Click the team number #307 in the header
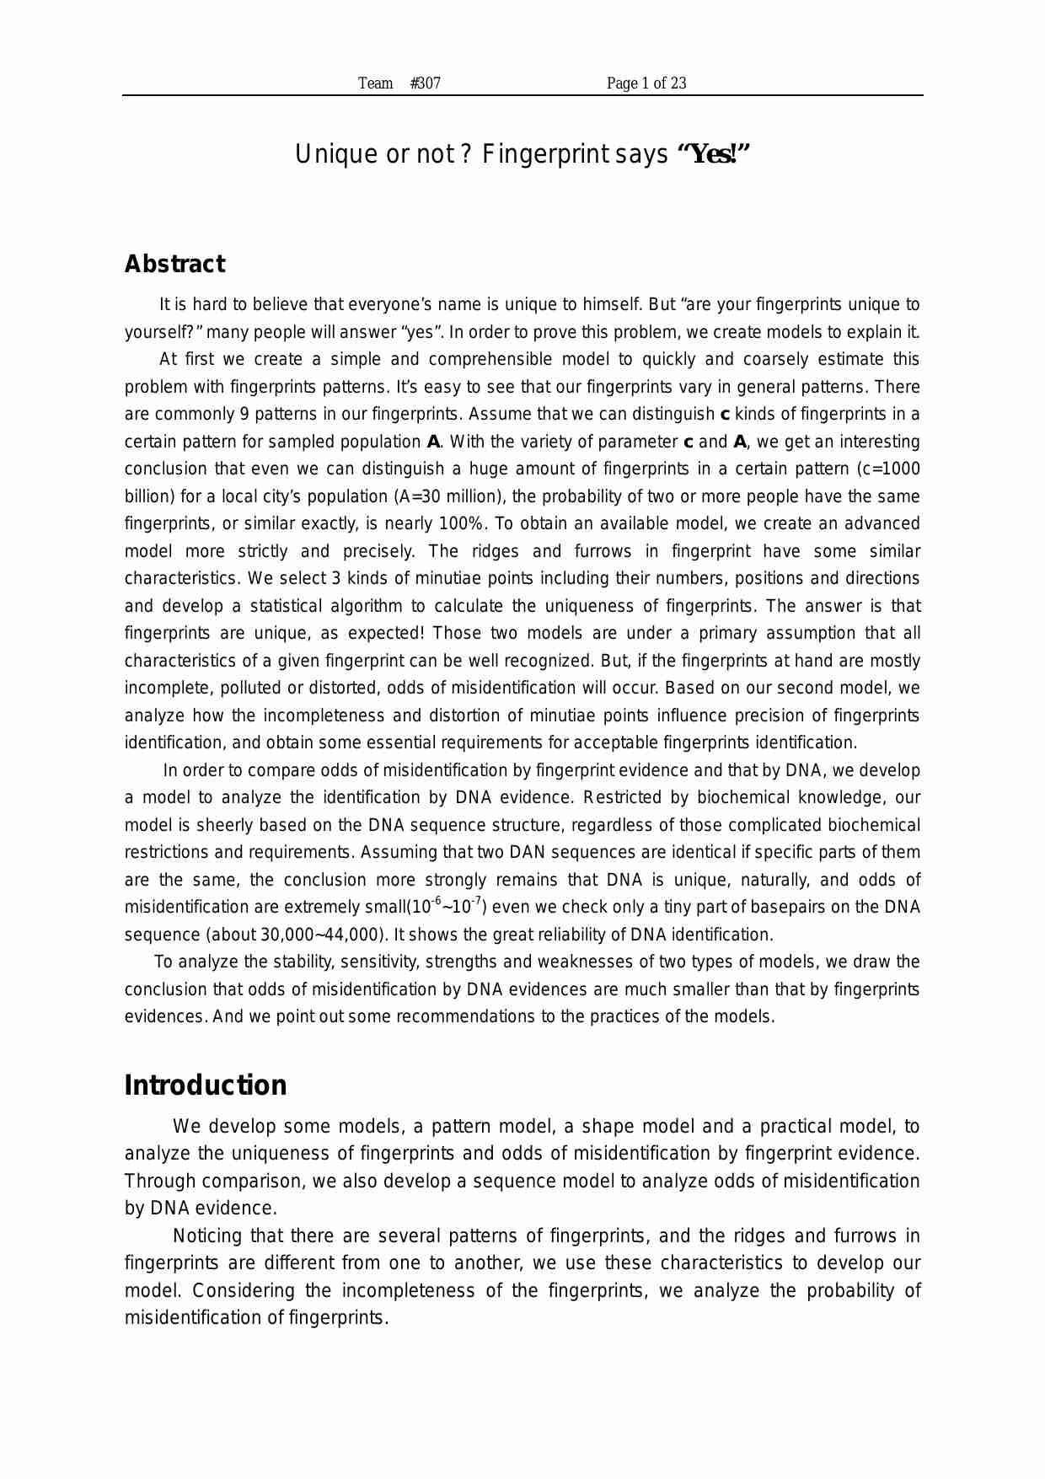425,83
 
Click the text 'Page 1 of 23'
646,83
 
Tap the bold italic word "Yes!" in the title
713,154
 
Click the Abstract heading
174,264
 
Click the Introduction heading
206,1085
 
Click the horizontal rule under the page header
522,95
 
